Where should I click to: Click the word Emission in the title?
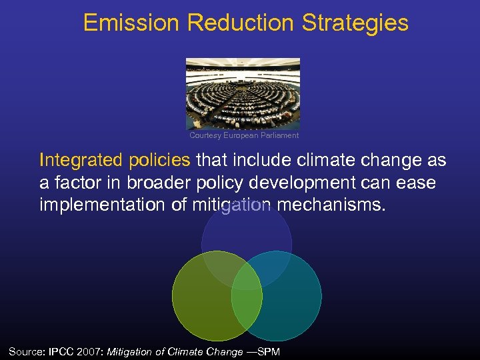[x=131, y=23]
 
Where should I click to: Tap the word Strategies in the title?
[x=355, y=23]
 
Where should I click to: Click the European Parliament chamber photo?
[x=243, y=93]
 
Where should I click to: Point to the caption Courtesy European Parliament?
[x=244, y=135]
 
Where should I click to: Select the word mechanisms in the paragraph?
[x=331, y=205]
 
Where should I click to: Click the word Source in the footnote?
[x=25, y=351]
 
